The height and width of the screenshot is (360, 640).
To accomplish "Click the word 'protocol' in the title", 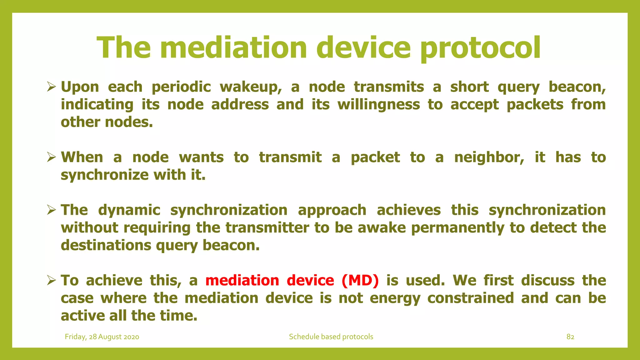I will pyautogui.click(x=480, y=47).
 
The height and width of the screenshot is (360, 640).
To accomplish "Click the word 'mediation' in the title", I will pyautogui.click(x=234, y=47).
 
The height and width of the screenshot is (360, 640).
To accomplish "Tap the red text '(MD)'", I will pyautogui.click(x=360, y=280).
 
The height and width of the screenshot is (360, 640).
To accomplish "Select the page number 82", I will pyautogui.click(x=570, y=337).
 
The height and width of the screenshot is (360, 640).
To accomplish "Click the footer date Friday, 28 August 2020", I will pyautogui.click(x=102, y=337).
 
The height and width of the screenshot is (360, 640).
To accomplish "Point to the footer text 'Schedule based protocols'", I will pyautogui.click(x=331, y=337).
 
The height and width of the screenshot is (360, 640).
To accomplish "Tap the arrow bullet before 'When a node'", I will pyautogui.click(x=51, y=157).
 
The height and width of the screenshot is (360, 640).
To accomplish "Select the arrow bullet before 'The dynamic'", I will pyautogui.click(x=51, y=210).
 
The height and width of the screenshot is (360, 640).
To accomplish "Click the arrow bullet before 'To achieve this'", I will pyautogui.click(x=51, y=280).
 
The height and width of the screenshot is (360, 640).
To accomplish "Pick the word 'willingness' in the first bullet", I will pyautogui.click(x=379, y=105).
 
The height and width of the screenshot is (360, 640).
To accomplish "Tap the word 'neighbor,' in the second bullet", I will pyautogui.click(x=489, y=157).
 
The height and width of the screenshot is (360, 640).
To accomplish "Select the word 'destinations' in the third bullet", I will pyautogui.click(x=106, y=245).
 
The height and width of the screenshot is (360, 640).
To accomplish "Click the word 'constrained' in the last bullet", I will pyautogui.click(x=470, y=298).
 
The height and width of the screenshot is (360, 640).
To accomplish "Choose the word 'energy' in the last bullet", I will pyautogui.click(x=395, y=298).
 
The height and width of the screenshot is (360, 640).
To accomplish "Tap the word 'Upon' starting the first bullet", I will pyautogui.click(x=80, y=87).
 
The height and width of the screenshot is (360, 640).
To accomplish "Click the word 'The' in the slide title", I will pyautogui.click(x=124, y=47).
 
